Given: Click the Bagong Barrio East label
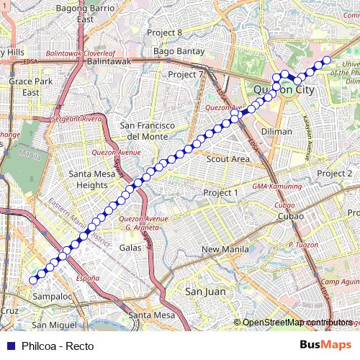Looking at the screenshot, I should point(86,14).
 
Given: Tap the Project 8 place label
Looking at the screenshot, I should point(164,32).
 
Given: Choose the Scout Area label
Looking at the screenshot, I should point(229,159).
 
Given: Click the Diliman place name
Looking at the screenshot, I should point(277,132).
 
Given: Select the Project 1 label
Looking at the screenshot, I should point(220,193).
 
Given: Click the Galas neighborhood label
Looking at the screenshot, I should point(130,247).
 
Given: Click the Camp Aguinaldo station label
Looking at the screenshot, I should point(339,282).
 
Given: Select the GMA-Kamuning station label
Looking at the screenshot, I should point(276,186).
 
